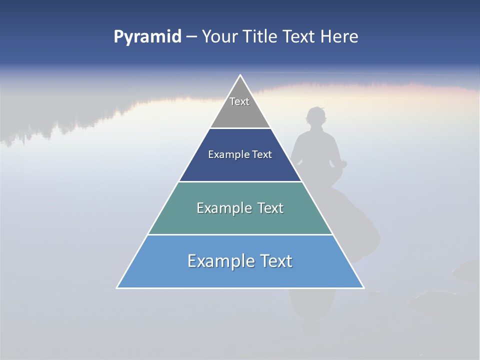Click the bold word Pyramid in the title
(x=147, y=37)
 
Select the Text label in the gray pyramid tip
(x=239, y=101)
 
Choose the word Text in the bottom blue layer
(x=275, y=261)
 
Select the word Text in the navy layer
(x=262, y=155)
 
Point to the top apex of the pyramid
(x=240, y=75)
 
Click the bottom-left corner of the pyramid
(x=117, y=287)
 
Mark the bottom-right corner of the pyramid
(x=363, y=287)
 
